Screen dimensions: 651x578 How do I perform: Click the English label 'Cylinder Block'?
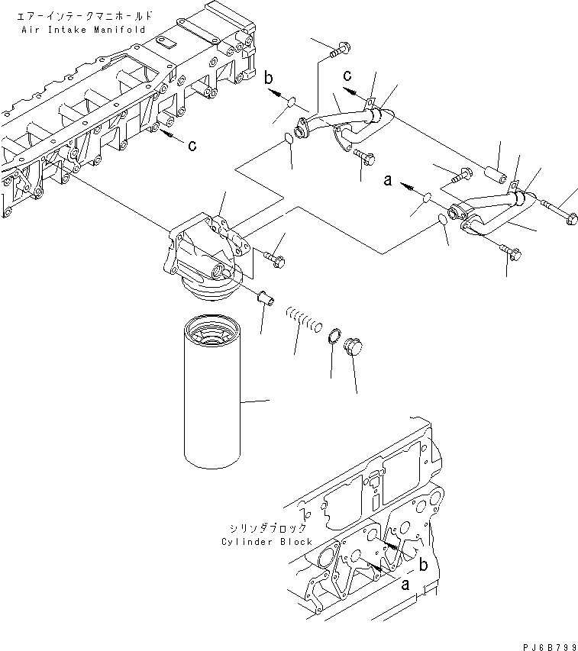(x=266, y=542)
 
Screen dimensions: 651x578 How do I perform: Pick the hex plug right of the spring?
(x=353, y=347)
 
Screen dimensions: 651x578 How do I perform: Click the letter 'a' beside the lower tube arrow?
(x=388, y=182)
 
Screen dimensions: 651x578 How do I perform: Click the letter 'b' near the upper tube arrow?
(x=269, y=77)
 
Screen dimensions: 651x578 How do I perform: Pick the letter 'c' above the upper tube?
(x=347, y=76)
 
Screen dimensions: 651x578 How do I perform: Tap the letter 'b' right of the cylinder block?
(x=422, y=565)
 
